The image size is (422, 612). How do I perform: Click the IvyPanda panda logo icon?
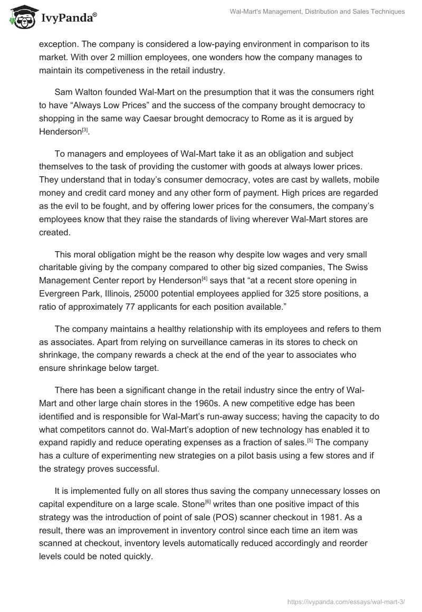coord(21,16)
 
